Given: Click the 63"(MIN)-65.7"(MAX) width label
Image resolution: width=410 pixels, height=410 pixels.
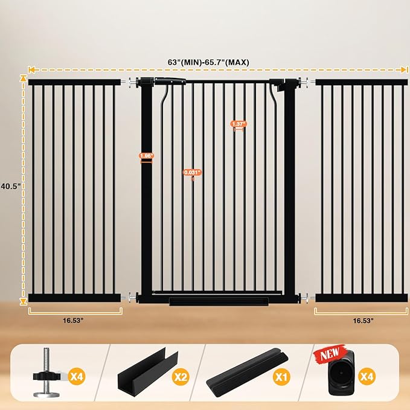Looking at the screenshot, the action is point(208,62).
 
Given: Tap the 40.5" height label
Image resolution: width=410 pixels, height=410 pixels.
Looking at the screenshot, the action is point(11,186).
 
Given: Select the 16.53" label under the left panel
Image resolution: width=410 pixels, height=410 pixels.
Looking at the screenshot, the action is point(73,320).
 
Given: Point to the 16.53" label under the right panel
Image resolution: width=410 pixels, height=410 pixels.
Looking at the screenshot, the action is point(363,320).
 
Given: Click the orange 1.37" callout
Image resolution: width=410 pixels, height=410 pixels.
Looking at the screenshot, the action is point(239,124).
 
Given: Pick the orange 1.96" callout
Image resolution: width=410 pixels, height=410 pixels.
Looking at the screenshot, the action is point(146,156).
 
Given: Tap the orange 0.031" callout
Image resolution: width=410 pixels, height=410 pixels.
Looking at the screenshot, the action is point(193,172).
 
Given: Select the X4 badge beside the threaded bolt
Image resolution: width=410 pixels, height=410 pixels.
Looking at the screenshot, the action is point(77,377).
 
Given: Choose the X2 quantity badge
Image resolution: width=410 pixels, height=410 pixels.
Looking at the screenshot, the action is point(181,377).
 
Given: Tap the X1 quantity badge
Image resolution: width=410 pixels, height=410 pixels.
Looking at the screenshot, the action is point(281,377).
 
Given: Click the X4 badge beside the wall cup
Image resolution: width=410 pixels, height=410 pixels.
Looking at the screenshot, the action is point(367,377).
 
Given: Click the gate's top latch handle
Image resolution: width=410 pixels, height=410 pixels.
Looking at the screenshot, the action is point(170,81).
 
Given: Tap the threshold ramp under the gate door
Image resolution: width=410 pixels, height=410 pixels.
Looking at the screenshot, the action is point(219,301).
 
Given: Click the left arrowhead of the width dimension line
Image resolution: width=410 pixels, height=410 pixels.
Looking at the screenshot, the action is point(31,69).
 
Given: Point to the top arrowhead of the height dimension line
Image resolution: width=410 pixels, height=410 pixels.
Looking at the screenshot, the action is point(24,78).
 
